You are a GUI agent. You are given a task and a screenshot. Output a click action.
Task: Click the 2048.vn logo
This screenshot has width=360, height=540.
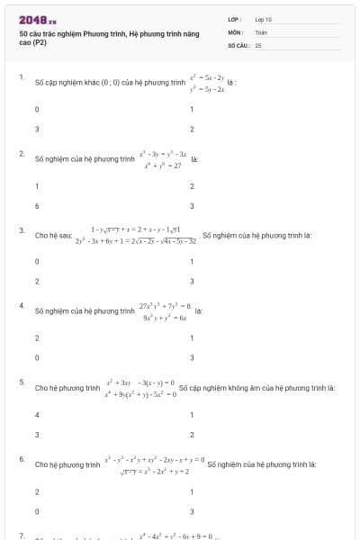38,19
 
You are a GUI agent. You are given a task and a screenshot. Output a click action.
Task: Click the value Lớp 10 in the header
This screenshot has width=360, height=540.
263,19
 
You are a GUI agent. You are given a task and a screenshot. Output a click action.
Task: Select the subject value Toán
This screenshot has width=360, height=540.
261,31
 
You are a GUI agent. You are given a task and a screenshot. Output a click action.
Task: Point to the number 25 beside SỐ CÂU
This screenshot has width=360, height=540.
258,44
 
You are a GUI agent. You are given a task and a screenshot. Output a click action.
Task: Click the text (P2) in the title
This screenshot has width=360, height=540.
40,43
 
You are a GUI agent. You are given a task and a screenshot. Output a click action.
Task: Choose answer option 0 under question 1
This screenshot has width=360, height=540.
37,110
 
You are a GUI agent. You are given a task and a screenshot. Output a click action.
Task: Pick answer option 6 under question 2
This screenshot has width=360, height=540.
37,205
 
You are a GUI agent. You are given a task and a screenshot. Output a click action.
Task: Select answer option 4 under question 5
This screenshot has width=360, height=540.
37,415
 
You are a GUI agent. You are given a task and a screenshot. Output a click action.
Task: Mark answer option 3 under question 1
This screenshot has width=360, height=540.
37,129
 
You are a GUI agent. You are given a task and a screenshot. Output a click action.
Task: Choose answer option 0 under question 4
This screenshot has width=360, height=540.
37,357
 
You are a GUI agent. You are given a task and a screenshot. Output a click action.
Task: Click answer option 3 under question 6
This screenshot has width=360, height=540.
192,510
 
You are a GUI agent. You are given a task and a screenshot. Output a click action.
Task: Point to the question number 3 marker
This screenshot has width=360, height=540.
21,230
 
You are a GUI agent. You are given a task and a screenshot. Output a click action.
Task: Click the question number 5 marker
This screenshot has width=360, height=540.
21,382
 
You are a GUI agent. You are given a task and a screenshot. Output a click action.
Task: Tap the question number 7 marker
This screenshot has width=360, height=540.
21,535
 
